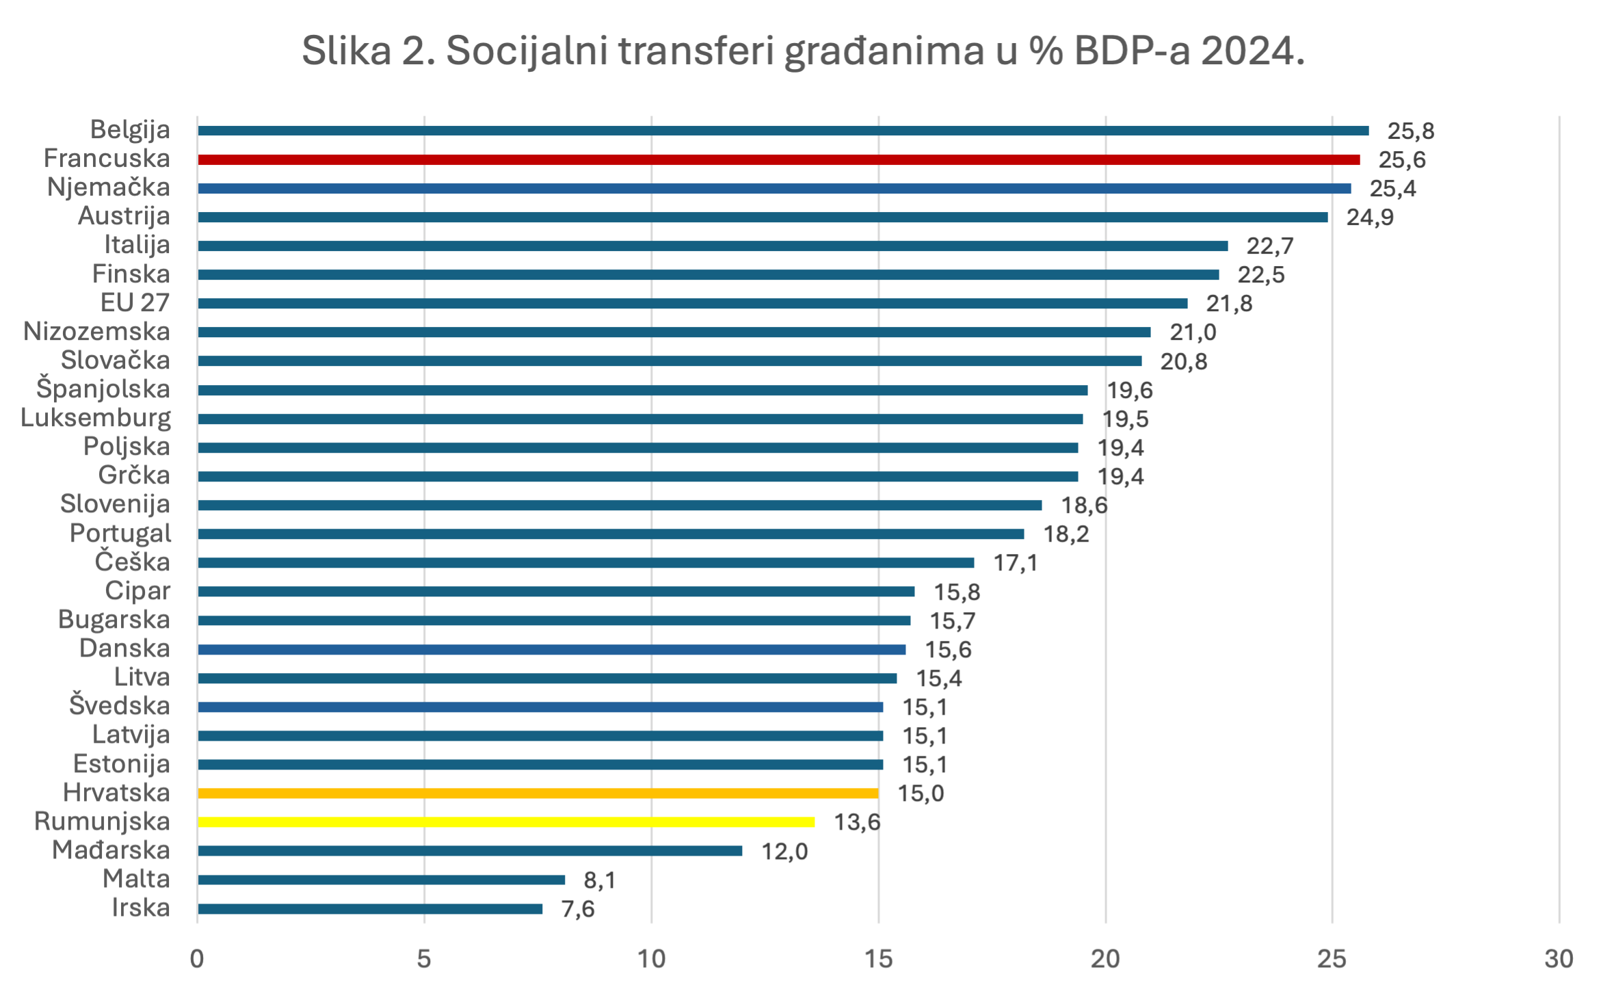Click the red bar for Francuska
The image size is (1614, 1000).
778,159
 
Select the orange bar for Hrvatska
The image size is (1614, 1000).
538,793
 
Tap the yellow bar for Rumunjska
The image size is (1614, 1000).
506,822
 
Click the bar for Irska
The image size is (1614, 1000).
369,909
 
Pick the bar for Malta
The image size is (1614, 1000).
381,880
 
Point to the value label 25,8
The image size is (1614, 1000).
1410,131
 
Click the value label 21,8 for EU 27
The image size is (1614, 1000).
1229,304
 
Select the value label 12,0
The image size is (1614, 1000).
784,852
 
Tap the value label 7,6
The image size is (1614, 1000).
578,909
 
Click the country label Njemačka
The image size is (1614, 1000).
109,187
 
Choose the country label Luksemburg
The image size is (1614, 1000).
96,418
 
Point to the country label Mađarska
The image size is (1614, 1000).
111,850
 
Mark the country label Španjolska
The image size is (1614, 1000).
103,389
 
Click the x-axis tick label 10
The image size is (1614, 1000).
651,959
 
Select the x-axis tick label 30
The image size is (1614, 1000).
1559,959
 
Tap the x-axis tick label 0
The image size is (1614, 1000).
197,959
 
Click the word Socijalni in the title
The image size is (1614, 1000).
527,51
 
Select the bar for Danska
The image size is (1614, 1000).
551,650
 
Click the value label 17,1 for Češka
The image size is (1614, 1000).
1016,563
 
